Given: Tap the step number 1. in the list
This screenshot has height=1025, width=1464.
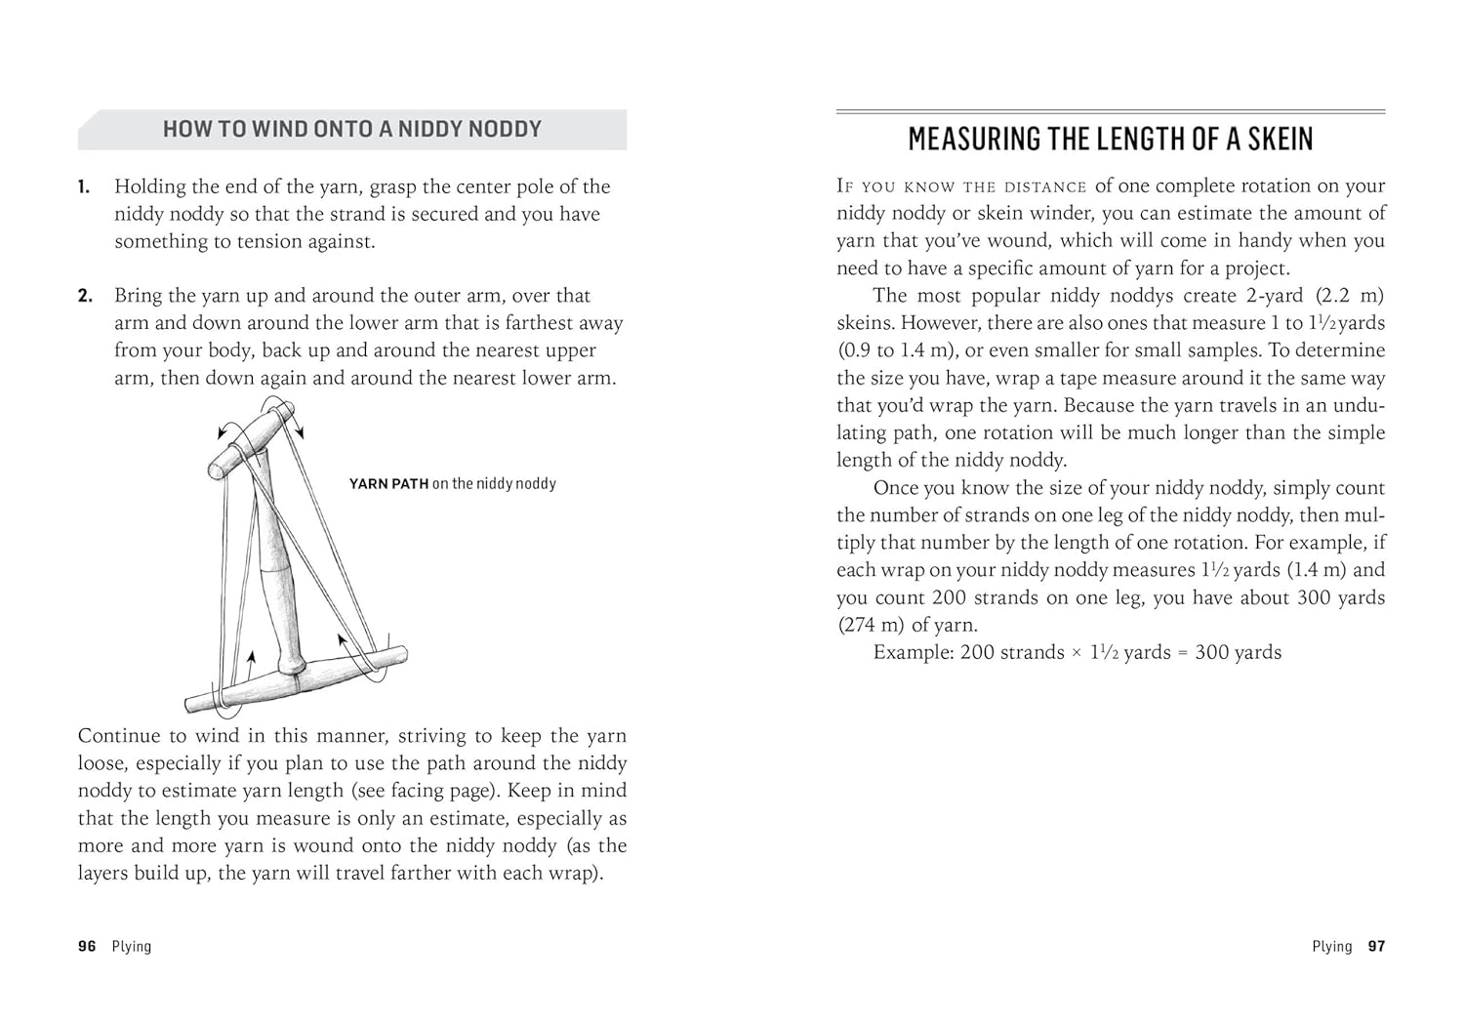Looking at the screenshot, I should [84, 186].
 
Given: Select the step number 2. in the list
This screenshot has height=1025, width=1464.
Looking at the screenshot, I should [85, 296].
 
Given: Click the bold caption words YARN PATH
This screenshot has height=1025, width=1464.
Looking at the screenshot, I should [388, 483].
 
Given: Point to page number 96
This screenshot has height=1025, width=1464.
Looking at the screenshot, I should [87, 946].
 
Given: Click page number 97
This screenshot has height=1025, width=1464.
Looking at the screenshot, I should [1376, 946].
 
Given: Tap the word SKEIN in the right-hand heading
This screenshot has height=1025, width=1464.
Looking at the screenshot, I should [1274, 139].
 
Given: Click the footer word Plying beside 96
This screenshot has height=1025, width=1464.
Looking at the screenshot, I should [132, 946].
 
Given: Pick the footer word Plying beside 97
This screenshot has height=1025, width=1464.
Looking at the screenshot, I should [1332, 946].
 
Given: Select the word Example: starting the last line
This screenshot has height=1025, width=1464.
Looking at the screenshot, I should [913, 652].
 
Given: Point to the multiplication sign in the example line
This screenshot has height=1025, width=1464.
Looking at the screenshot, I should [1077, 653].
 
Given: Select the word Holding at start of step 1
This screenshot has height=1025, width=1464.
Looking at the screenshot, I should [151, 186].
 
